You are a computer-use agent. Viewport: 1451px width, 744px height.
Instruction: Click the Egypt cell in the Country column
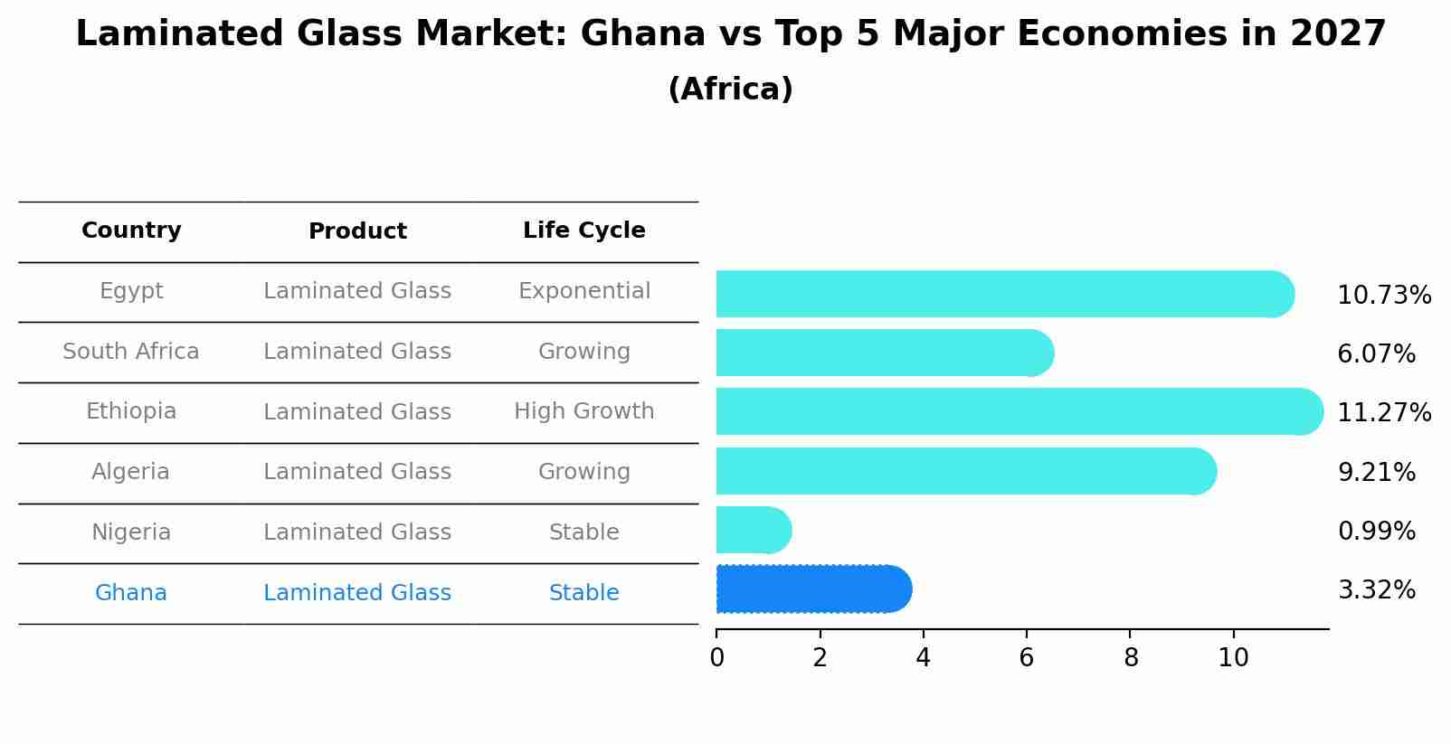[x=131, y=291]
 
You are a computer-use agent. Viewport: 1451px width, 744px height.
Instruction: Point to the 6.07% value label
[x=1376, y=354]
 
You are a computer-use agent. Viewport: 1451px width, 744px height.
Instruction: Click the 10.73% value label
[x=1383, y=296]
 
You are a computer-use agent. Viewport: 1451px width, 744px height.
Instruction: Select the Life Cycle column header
[x=583, y=231]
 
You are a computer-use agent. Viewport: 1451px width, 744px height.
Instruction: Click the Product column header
[x=357, y=231]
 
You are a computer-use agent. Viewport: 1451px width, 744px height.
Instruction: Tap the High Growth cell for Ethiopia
[x=583, y=411]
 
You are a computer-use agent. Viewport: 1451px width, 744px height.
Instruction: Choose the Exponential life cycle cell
[x=583, y=291]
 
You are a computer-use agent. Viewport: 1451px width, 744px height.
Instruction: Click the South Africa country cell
[x=131, y=352]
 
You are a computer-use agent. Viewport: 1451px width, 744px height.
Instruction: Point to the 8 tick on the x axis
[x=1130, y=658]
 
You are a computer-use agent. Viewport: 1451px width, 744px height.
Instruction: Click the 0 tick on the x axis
[x=716, y=658]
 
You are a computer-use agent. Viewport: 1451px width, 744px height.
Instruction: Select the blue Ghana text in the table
[x=131, y=593]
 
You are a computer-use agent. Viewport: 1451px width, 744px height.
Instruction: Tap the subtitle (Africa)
[x=730, y=89]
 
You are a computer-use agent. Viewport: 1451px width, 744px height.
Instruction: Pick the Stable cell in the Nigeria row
[x=583, y=532]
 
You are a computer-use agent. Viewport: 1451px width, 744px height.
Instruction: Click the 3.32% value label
[x=1376, y=590]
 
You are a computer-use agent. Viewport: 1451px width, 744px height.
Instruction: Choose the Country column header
[x=131, y=231]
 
